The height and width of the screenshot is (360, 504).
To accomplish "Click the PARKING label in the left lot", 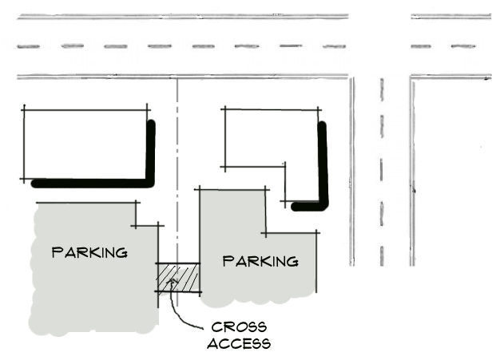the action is coord(89,252).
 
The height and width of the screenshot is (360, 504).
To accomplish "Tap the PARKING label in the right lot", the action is coord(260,261).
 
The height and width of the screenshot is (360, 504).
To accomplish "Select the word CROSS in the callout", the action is coord(239,327).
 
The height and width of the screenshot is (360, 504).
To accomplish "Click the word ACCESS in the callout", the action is coord(239,343).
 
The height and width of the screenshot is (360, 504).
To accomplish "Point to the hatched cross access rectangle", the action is coord(179,278).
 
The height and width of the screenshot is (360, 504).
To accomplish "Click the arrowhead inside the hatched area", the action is coord(173,282).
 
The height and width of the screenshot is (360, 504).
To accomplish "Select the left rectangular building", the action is coord(85,144).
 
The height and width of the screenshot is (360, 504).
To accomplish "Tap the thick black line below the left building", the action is coord(90,184).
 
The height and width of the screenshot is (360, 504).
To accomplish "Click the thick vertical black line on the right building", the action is coord(323,164).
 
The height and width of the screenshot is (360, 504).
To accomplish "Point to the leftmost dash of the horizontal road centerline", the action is coord(28,47).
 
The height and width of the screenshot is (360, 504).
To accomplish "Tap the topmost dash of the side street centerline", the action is coord(382,89).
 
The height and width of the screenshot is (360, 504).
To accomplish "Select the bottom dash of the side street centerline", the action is coord(382,256).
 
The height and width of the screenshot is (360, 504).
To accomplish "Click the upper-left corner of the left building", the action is coord(24,110).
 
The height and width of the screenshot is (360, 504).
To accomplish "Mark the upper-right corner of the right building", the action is coord(318,110).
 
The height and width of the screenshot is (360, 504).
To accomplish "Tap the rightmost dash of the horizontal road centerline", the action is coord(463,46).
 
